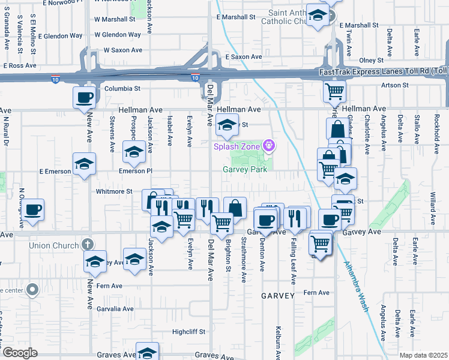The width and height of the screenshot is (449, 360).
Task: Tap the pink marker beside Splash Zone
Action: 270,145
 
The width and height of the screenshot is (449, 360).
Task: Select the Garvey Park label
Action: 245,170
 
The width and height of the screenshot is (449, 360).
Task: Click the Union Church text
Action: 54,245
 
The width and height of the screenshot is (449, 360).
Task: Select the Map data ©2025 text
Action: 424,355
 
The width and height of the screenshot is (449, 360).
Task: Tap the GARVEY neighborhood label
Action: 277,296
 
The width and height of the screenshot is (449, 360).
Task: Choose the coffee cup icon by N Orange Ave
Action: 34,209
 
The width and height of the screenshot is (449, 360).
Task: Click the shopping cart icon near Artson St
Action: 334,92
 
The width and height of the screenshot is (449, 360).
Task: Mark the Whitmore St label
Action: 114,191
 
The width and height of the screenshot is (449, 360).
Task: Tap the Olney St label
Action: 371,61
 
